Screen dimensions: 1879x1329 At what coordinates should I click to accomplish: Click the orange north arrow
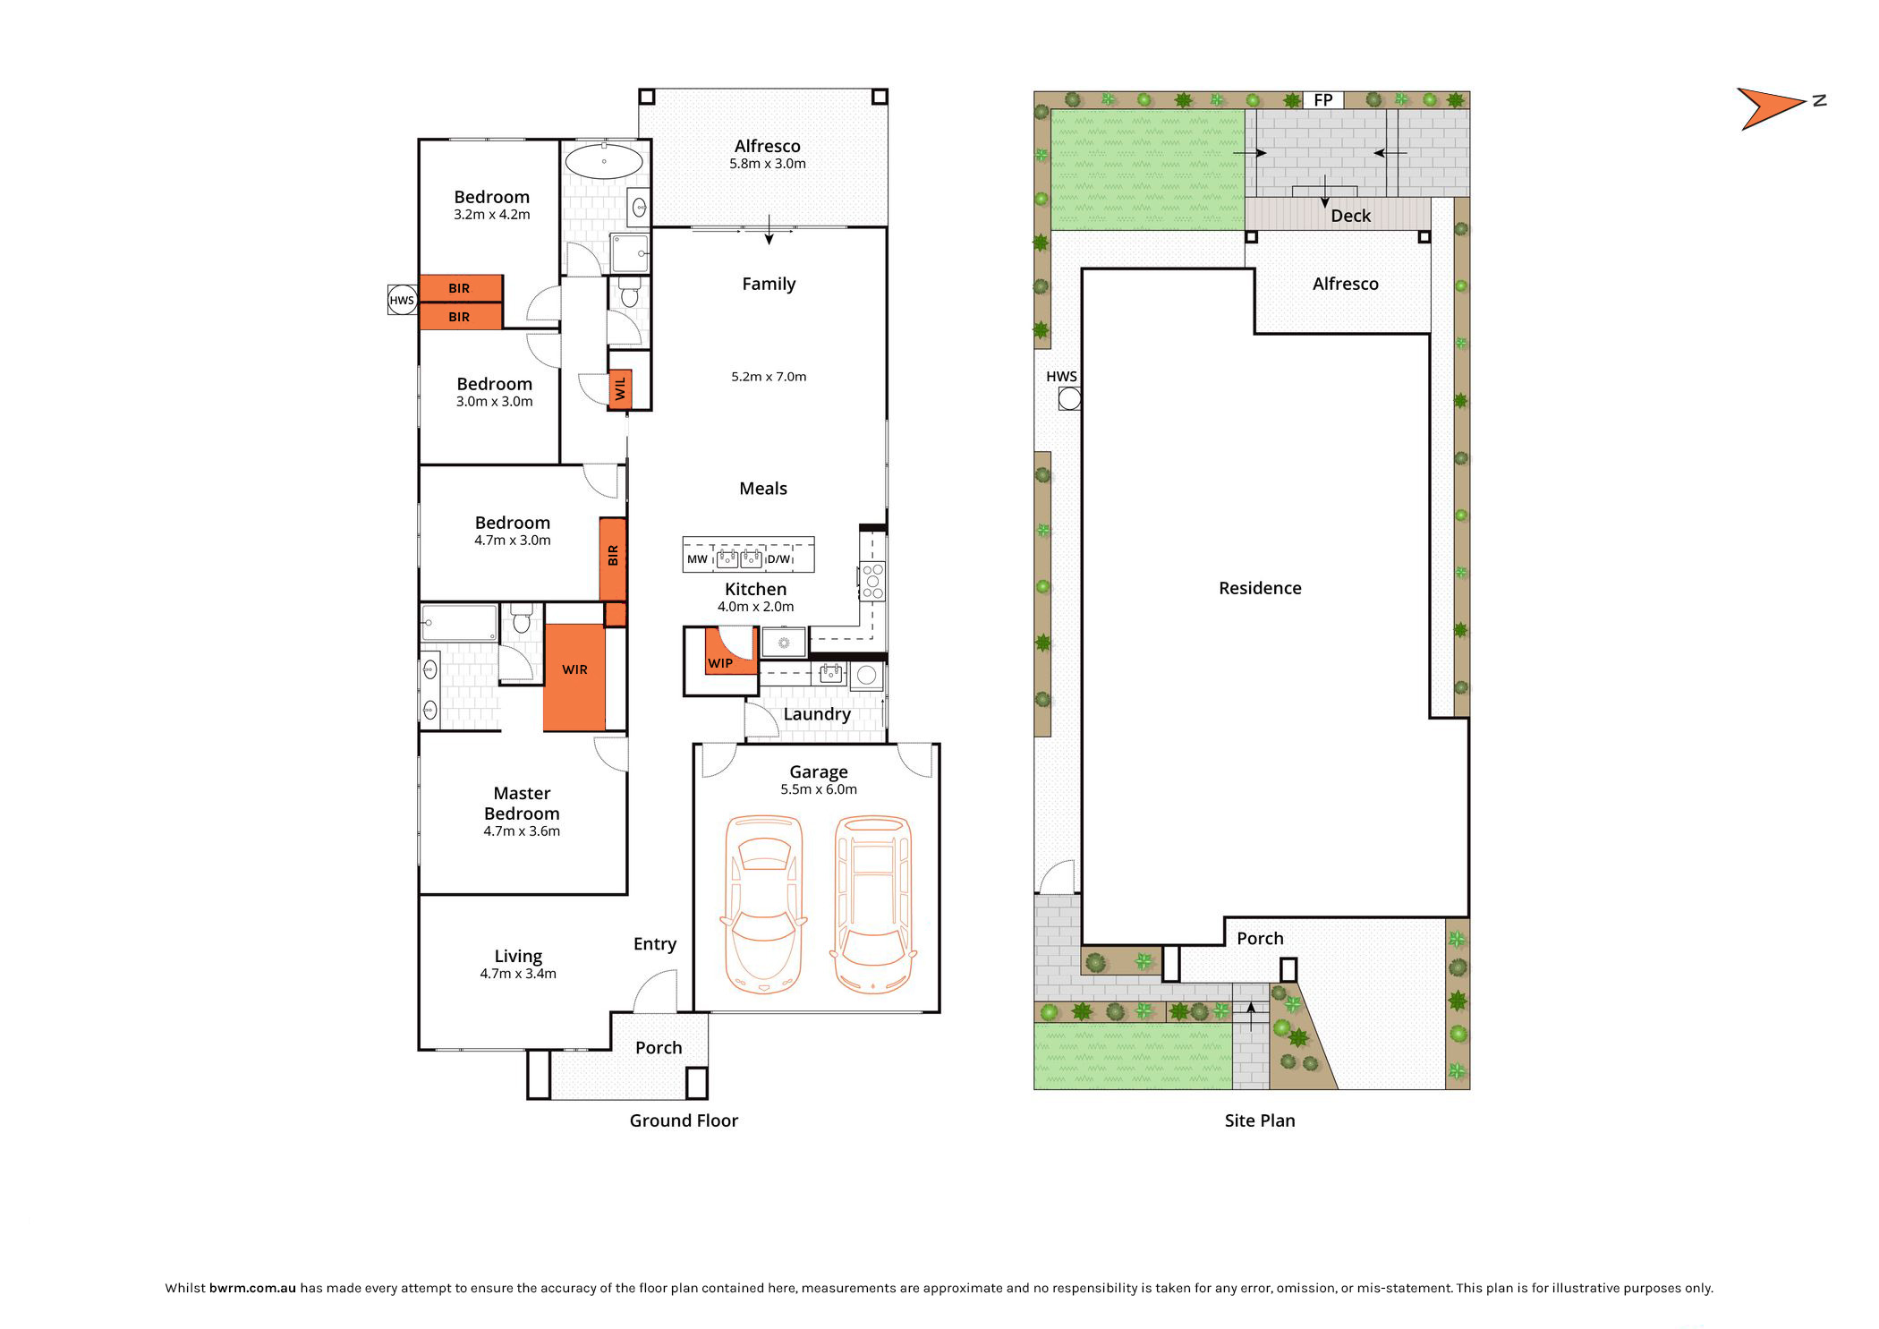(1770, 108)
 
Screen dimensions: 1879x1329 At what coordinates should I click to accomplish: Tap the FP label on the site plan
(1323, 100)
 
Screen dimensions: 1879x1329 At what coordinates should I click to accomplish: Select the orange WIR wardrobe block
(574, 677)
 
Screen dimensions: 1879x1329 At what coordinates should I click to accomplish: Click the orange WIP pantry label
(720, 663)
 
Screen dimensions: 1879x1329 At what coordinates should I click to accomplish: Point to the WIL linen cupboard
(620, 389)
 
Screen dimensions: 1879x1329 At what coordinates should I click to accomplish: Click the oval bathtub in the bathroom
(604, 162)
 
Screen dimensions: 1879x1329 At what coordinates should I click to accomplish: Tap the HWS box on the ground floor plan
(402, 300)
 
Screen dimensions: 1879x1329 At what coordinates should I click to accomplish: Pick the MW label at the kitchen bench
(697, 559)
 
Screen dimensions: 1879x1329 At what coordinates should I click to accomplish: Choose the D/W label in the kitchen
(778, 559)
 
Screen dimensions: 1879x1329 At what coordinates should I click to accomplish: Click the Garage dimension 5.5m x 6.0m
(819, 789)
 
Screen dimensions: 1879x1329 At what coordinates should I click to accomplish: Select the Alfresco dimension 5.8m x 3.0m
(768, 164)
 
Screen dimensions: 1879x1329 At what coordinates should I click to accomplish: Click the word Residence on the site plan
(1260, 588)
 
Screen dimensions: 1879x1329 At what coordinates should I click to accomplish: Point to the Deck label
(1350, 216)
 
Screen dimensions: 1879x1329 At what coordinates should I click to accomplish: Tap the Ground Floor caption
(684, 1120)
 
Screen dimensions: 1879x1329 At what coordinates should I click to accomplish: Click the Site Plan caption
(1260, 1120)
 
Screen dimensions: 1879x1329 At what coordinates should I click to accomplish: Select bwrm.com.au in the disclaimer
(252, 1288)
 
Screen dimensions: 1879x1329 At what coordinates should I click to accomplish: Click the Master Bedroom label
(522, 803)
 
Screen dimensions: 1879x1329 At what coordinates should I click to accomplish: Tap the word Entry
(655, 944)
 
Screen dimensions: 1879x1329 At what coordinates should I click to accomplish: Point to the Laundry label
(817, 714)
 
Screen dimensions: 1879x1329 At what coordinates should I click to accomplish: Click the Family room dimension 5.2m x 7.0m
(769, 377)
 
